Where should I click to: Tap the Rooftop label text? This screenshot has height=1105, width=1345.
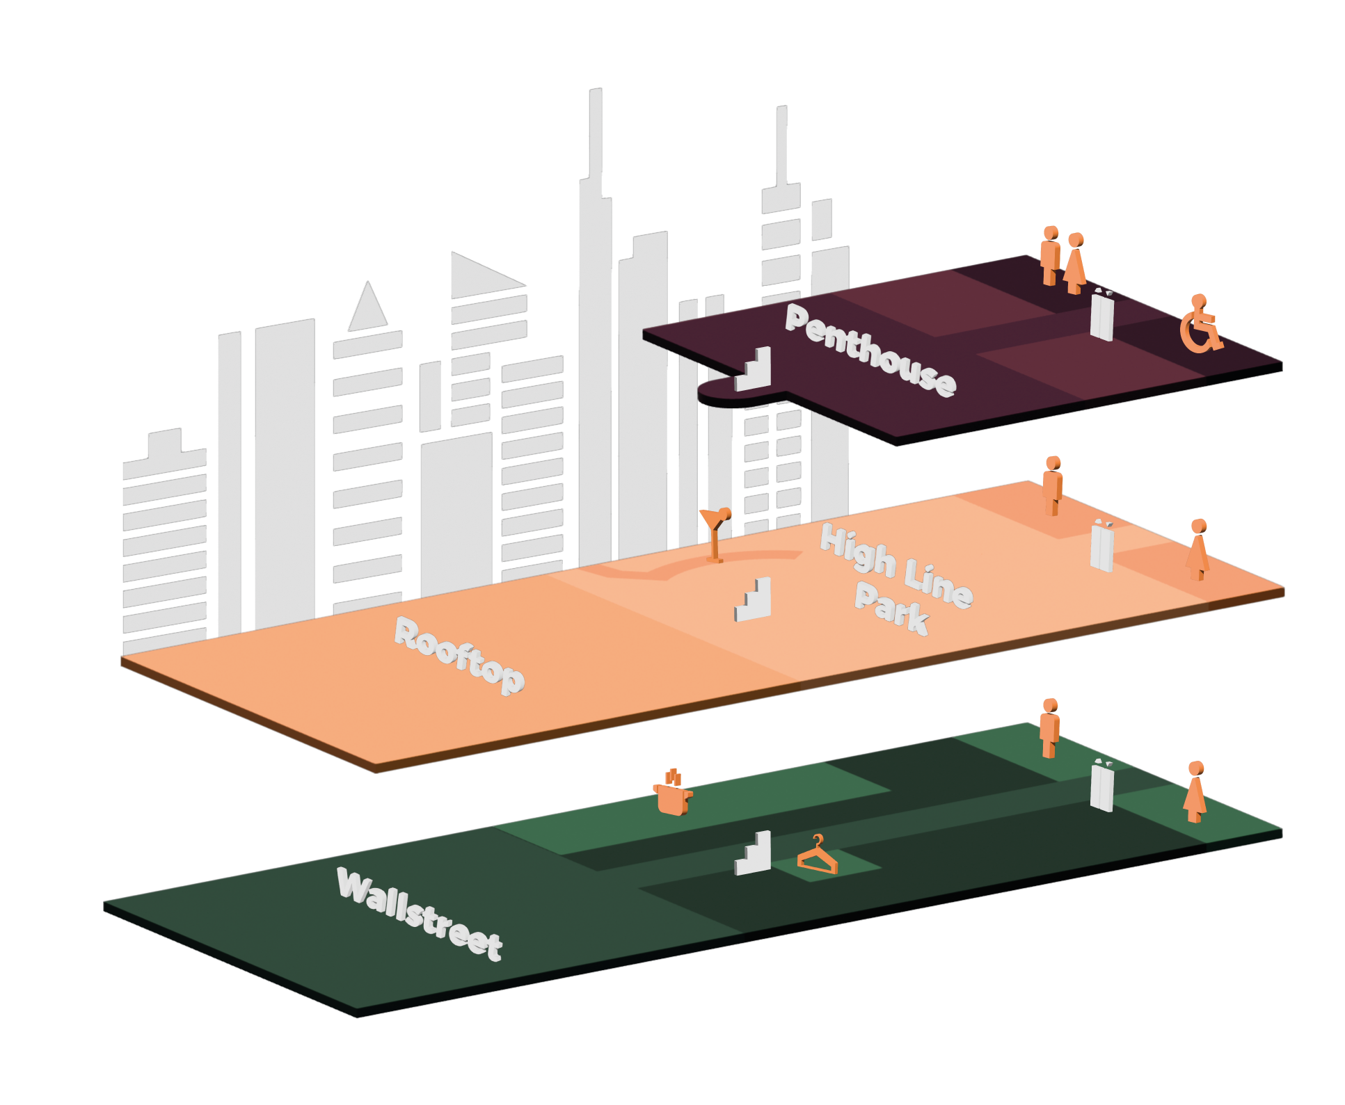tap(459, 655)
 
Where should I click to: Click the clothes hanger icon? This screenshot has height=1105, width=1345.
tap(818, 856)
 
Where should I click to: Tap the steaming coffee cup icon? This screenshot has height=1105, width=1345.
tap(672, 793)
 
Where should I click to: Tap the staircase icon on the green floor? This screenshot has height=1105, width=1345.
tap(753, 853)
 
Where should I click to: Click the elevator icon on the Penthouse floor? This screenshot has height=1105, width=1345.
tap(1102, 316)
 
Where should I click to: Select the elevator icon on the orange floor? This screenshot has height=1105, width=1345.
tap(1102, 547)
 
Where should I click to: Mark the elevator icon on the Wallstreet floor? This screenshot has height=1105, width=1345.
tap(1102, 787)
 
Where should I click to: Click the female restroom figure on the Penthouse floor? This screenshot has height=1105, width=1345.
tap(1075, 264)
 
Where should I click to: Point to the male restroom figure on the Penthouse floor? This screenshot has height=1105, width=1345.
tap(1050, 255)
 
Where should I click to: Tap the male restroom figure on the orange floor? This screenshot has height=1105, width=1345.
tap(1052, 486)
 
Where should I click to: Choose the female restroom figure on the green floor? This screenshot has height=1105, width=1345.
tap(1195, 792)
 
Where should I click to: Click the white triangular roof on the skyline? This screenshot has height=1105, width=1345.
tap(367, 307)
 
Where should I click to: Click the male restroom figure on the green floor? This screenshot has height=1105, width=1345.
tap(1049, 728)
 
